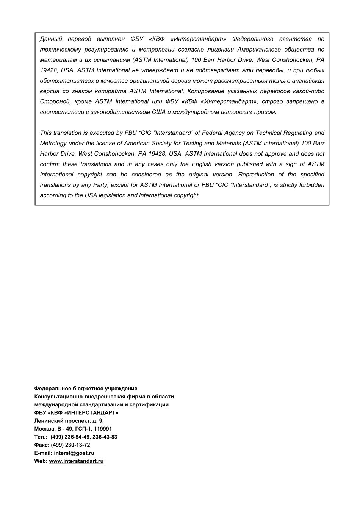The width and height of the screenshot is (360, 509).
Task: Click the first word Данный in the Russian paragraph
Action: pyautogui.click(x=51, y=39)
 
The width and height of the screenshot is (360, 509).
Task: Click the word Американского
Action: pyautogui.click(x=259, y=50)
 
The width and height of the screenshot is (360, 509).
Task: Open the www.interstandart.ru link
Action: pyautogui.click(x=76, y=461)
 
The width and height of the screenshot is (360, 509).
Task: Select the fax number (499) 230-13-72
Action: pyautogui.click(x=70, y=445)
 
